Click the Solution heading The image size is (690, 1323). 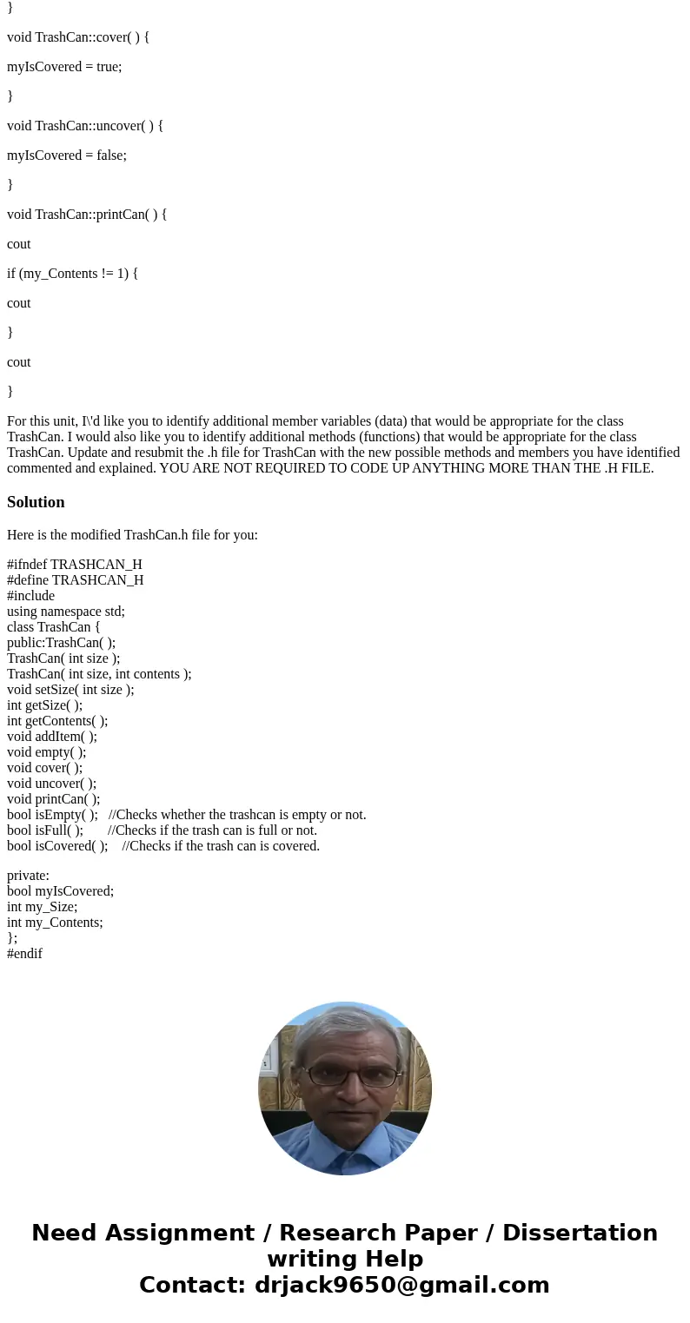[x=36, y=502]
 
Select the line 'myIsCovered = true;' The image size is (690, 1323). [x=64, y=67]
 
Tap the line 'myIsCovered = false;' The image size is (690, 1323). [x=67, y=155]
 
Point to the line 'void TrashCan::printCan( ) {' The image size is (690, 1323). [x=87, y=215]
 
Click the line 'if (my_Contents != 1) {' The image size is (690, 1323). [x=72, y=274]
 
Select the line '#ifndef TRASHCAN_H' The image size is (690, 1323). [x=75, y=565]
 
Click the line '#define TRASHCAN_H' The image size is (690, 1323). [x=76, y=580]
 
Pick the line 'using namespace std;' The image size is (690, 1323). [x=66, y=612]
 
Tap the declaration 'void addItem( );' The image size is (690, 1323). [x=52, y=737]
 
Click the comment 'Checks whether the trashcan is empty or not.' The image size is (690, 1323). [x=242, y=815]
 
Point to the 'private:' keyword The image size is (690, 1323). [x=28, y=876]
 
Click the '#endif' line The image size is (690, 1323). [x=24, y=954]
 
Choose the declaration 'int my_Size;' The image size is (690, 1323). [x=42, y=907]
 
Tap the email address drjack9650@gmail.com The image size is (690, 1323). [x=401, y=1286]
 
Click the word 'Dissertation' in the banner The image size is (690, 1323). [x=580, y=1234]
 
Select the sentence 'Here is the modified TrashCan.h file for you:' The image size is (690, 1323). [x=132, y=535]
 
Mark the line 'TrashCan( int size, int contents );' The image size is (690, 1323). [x=99, y=674]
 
